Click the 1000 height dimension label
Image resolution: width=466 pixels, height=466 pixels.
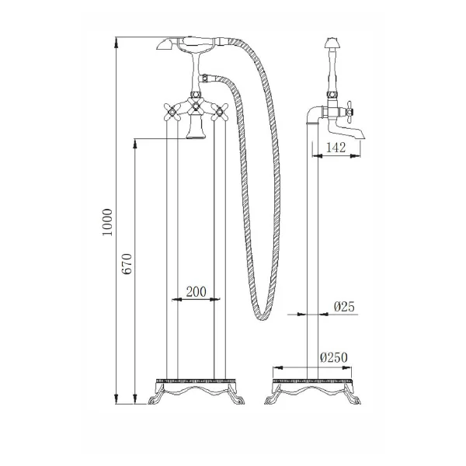tap(108, 222)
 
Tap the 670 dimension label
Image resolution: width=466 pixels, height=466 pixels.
tap(127, 264)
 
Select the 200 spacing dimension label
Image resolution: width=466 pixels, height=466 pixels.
tap(196, 292)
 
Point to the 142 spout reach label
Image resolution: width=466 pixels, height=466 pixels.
tap(336, 148)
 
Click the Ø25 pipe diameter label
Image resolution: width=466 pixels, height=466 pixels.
tap(344, 307)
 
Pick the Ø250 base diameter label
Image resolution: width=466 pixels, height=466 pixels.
tap(334, 357)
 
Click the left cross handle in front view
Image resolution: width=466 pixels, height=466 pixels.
tap(172, 112)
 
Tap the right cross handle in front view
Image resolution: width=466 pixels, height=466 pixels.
tap(220, 112)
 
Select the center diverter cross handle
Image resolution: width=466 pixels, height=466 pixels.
tap(196, 106)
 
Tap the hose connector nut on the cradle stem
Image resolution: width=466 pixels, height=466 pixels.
tap(205, 78)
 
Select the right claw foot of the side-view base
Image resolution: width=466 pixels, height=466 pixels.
tap(353, 398)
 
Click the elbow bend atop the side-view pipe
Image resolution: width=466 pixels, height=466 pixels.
tap(313, 113)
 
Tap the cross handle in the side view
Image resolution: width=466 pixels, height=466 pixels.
tap(349, 113)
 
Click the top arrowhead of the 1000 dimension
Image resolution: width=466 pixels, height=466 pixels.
tap(116, 43)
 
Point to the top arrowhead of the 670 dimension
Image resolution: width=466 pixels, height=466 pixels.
tap(135, 144)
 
